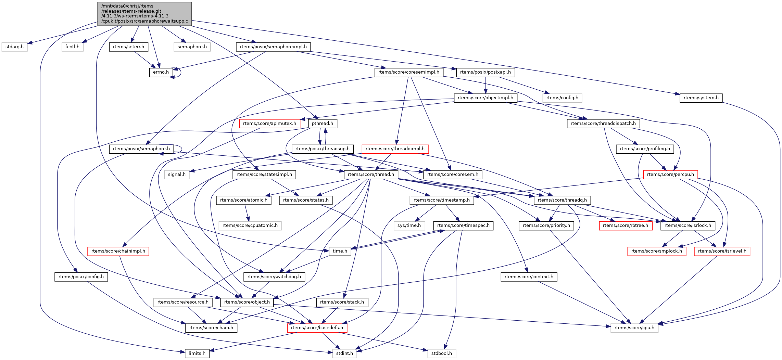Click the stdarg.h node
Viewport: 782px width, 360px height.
click(x=14, y=47)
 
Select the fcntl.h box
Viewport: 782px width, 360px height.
click(x=72, y=47)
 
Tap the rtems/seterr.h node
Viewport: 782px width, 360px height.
click(x=128, y=47)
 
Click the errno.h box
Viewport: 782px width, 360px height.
click(x=161, y=72)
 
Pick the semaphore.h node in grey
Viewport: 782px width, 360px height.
click(x=192, y=47)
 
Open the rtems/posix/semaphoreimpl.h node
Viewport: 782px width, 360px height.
click(x=273, y=47)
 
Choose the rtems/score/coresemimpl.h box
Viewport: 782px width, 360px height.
click(x=408, y=72)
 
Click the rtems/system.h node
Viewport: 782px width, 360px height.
click(x=701, y=98)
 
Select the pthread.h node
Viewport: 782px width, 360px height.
click(x=322, y=124)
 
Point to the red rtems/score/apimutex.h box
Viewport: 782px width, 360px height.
click(x=269, y=124)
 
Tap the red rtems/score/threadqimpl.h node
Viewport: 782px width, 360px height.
click(x=395, y=149)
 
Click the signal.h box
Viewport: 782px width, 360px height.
click(x=177, y=175)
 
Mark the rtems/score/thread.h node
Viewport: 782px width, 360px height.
click(x=371, y=175)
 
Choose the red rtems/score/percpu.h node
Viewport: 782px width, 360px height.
click(x=670, y=175)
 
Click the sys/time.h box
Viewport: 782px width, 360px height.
click(x=409, y=226)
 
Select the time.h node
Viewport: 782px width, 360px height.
click(x=340, y=251)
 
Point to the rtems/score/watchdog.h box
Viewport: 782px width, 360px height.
click(x=274, y=277)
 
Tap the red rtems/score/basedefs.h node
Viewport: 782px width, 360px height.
click(x=317, y=328)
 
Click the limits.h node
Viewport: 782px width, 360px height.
click(x=197, y=353)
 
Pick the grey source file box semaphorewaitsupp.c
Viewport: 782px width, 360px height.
click(x=144, y=14)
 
